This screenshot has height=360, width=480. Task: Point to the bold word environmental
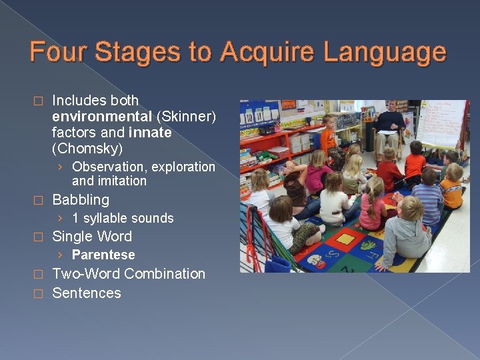[102, 117]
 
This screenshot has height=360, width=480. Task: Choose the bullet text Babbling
[81, 199]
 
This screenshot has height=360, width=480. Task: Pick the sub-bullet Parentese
[103, 255]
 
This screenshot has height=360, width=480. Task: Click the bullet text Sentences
[87, 293]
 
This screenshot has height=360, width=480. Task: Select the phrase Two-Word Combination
[129, 273]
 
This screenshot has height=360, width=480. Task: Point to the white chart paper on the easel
[441, 123]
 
